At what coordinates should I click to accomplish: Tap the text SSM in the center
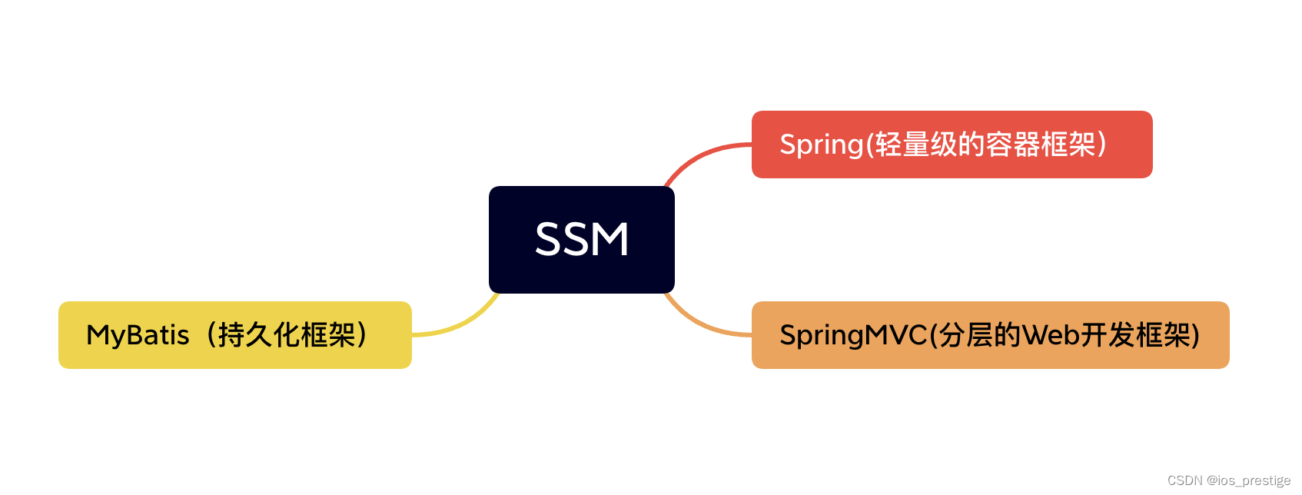[x=582, y=239]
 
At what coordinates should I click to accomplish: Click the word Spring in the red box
[x=822, y=145]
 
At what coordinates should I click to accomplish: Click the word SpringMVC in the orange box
[x=853, y=335]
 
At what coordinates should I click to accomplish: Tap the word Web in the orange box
[x=1051, y=335]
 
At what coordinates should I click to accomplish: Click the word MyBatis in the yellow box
[x=138, y=335]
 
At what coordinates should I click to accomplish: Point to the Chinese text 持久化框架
[x=287, y=335]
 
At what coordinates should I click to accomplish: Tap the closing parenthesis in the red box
[x=1102, y=145]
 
